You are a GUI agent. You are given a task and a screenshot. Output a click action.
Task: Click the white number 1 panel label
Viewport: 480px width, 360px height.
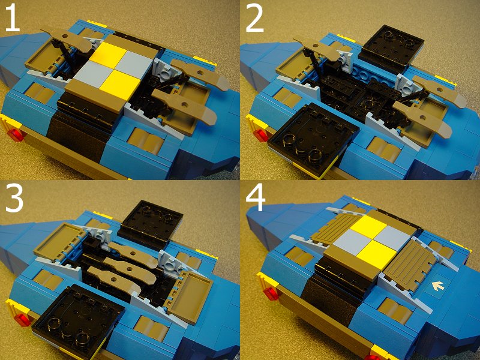(x=12, y=19)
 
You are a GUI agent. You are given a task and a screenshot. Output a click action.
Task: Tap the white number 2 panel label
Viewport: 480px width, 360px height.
(x=254, y=19)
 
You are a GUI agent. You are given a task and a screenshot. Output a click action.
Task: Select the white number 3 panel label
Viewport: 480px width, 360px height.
(x=14, y=199)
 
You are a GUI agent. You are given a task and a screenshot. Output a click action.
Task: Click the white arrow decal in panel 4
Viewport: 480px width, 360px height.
(x=438, y=286)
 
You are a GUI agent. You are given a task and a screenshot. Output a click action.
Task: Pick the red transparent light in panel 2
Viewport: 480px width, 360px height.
(x=262, y=136)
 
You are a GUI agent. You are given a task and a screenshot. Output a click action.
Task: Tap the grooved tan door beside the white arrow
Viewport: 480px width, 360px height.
(x=410, y=263)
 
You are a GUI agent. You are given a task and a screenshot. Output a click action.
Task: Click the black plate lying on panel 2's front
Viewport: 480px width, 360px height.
(x=312, y=139)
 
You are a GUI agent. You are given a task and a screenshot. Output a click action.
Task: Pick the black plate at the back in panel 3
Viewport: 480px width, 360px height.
(x=151, y=223)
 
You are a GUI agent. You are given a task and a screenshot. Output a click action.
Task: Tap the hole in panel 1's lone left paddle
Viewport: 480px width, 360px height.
(x=65, y=36)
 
